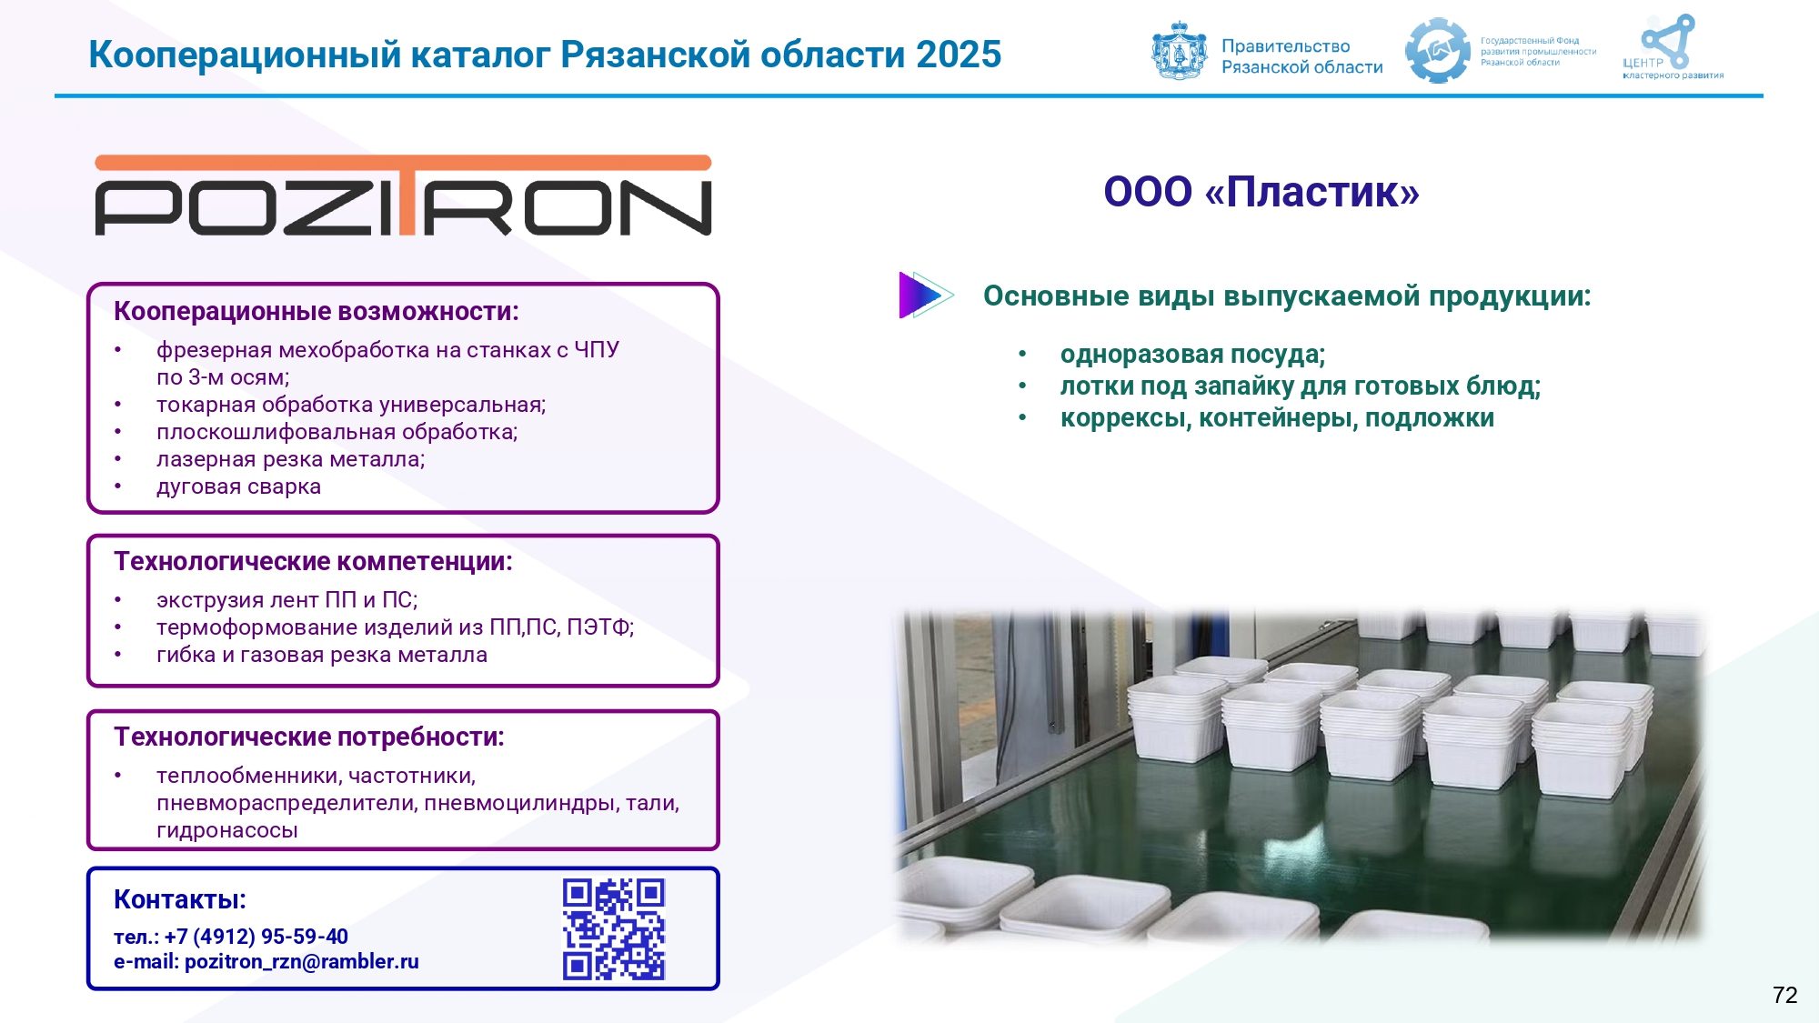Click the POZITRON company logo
point(403,196)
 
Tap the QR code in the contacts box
point(614,928)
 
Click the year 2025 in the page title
point(959,55)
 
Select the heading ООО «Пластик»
point(1261,192)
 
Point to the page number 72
point(1785,995)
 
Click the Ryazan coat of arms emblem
point(1180,52)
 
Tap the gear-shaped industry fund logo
point(1438,51)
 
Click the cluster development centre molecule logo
point(1668,41)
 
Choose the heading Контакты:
point(180,899)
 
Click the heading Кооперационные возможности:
point(317,312)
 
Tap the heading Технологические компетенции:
point(313,562)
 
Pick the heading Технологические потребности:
point(309,737)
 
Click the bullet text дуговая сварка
point(238,487)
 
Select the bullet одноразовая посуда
point(1192,355)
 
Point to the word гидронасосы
point(227,830)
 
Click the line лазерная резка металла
point(291,459)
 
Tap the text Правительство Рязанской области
point(1302,56)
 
